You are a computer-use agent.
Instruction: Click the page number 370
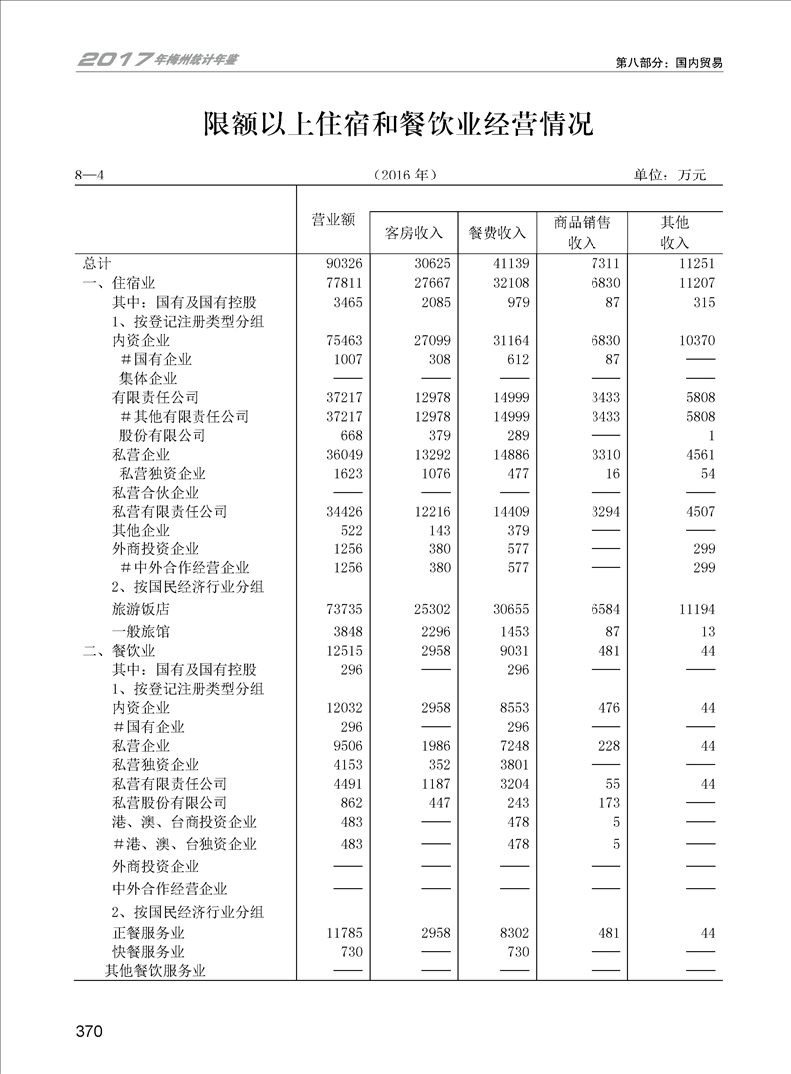point(89,1032)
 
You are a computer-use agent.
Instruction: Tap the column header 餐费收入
point(497,233)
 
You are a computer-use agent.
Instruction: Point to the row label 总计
point(97,264)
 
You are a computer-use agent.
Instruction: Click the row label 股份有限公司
point(163,435)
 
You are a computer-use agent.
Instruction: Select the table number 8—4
point(90,175)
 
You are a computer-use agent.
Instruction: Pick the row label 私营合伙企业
point(156,493)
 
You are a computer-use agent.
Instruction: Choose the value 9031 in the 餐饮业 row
point(512,651)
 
